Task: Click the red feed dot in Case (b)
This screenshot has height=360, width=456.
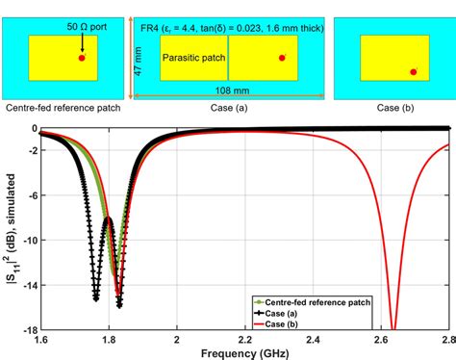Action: (414, 71)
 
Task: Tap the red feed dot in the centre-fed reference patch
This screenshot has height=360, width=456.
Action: (82, 58)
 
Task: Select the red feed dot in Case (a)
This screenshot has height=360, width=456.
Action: (282, 58)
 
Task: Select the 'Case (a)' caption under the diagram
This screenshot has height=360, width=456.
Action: (228, 108)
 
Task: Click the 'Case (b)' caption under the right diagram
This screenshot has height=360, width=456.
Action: (390, 108)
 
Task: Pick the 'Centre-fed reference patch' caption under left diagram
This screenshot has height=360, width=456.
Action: (63, 108)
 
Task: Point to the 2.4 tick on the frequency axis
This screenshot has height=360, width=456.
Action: (313, 339)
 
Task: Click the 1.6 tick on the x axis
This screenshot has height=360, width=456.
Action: (41, 339)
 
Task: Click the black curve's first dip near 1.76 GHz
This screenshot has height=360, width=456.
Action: (96, 298)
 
